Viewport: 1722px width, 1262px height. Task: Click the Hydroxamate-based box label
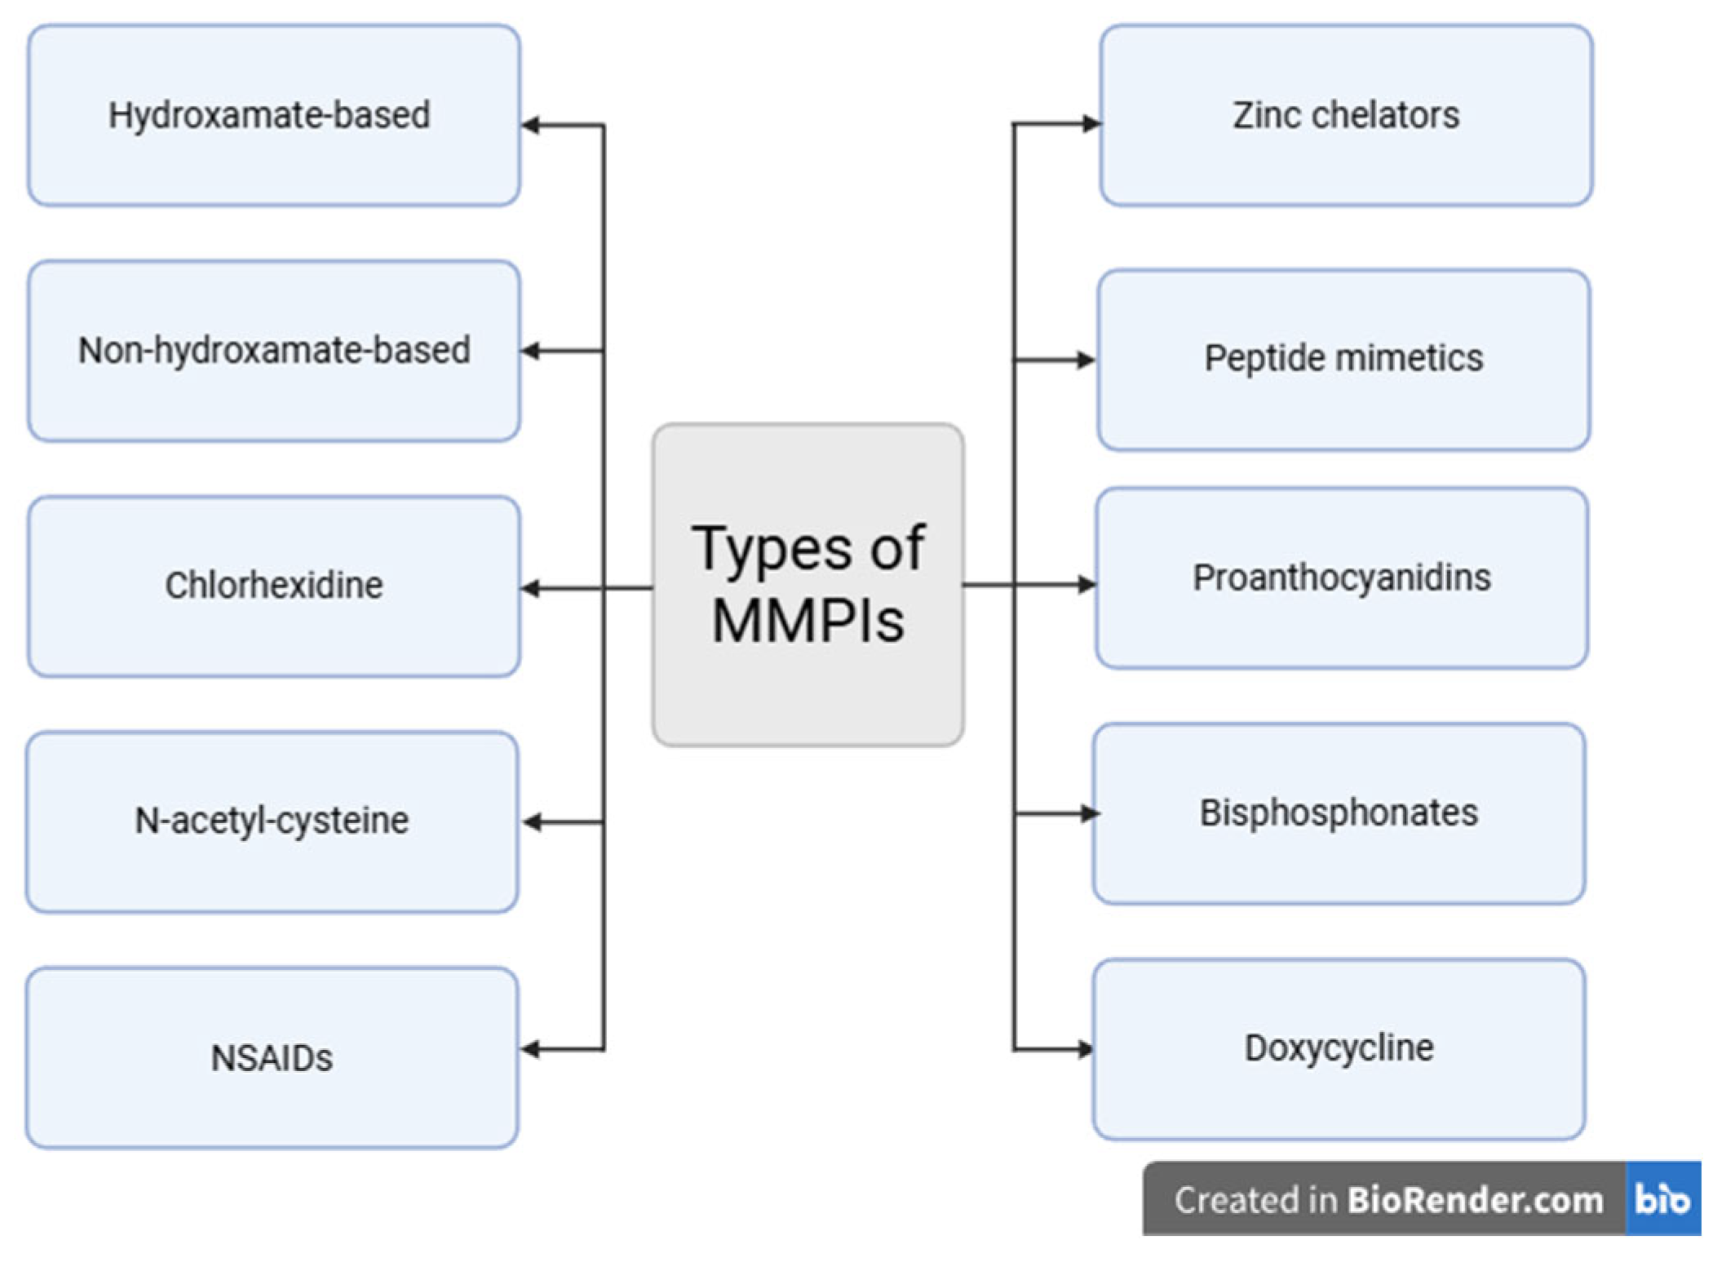pyautogui.click(x=269, y=115)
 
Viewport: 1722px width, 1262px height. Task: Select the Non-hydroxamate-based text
pyautogui.click(x=274, y=351)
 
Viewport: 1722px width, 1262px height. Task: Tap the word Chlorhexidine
pyautogui.click(x=274, y=585)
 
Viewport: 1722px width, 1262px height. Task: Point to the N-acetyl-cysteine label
pyautogui.click(x=272, y=820)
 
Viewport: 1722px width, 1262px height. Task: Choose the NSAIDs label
pyautogui.click(x=272, y=1058)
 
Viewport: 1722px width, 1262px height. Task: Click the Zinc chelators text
pyautogui.click(x=1346, y=115)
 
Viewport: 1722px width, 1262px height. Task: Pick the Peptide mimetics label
pyautogui.click(x=1344, y=358)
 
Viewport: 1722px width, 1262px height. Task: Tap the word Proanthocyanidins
pyautogui.click(x=1342, y=578)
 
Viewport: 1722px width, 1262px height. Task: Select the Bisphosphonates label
pyautogui.click(x=1339, y=813)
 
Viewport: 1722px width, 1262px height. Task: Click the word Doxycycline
pyautogui.click(x=1339, y=1047)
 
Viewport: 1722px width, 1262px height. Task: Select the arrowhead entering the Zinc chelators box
pyautogui.click(x=1090, y=124)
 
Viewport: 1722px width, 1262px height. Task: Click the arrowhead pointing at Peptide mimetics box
pyautogui.click(x=1086, y=360)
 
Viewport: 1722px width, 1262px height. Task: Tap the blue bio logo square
pyautogui.click(x=1662, y=1199)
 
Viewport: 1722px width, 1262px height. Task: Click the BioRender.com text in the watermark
pyautogui.click(x=1475, y=1200)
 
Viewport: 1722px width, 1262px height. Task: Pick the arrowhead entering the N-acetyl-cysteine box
pyautogui.click(x=533, y=822)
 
